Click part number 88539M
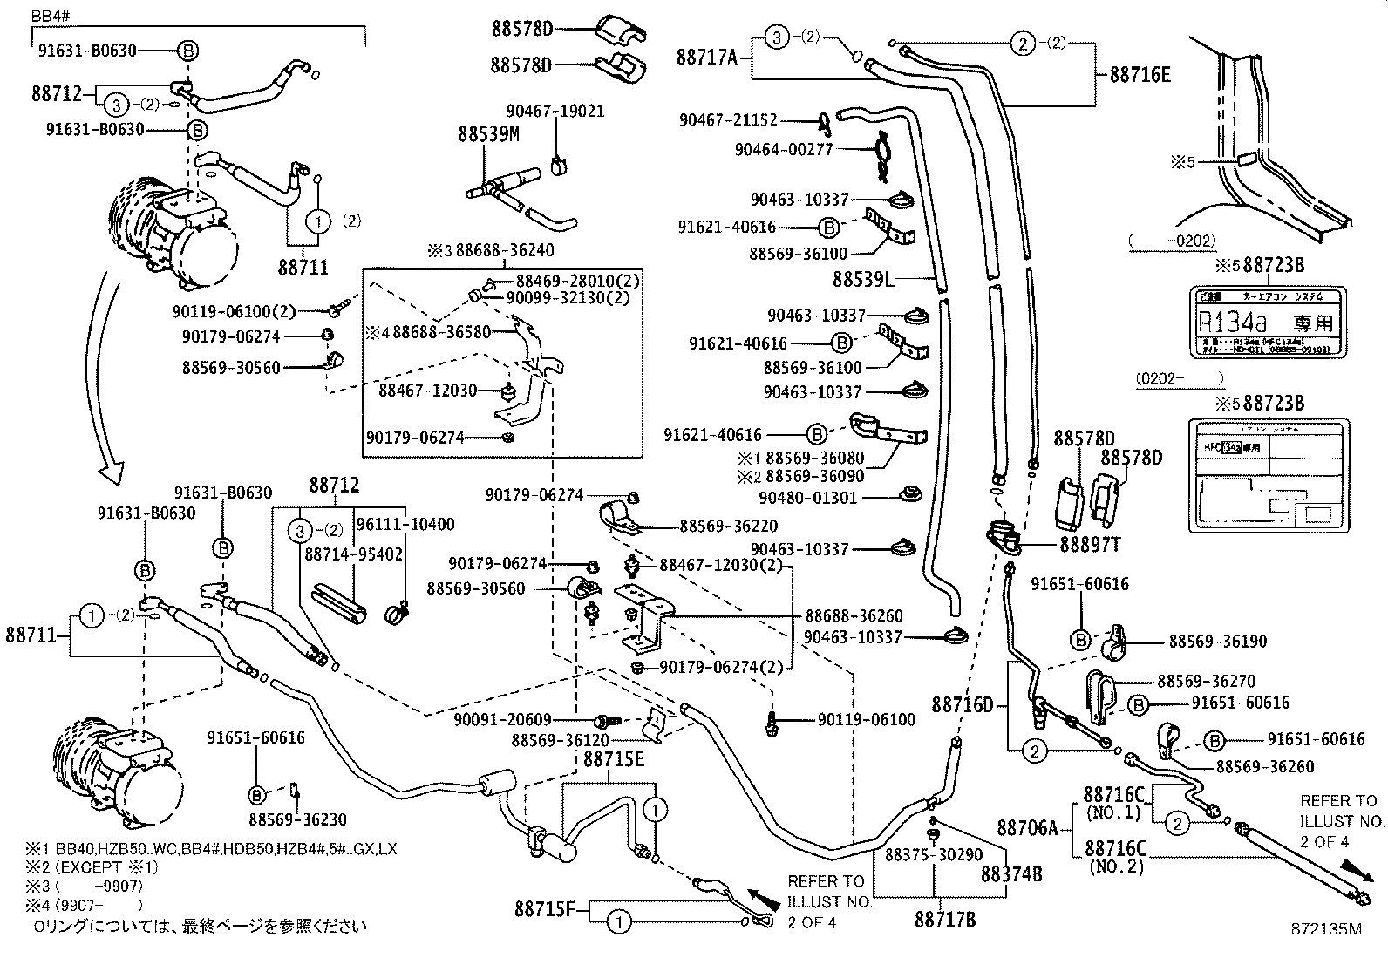[488, 134]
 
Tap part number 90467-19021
[555, 112]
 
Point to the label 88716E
[1140, 75]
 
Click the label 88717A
[706, 58]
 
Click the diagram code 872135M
[1326, 929]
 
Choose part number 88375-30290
[934, 855]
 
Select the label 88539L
[863, 279]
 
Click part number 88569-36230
[297, 819]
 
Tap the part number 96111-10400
[405, 525]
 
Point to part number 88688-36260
[854, 616]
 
